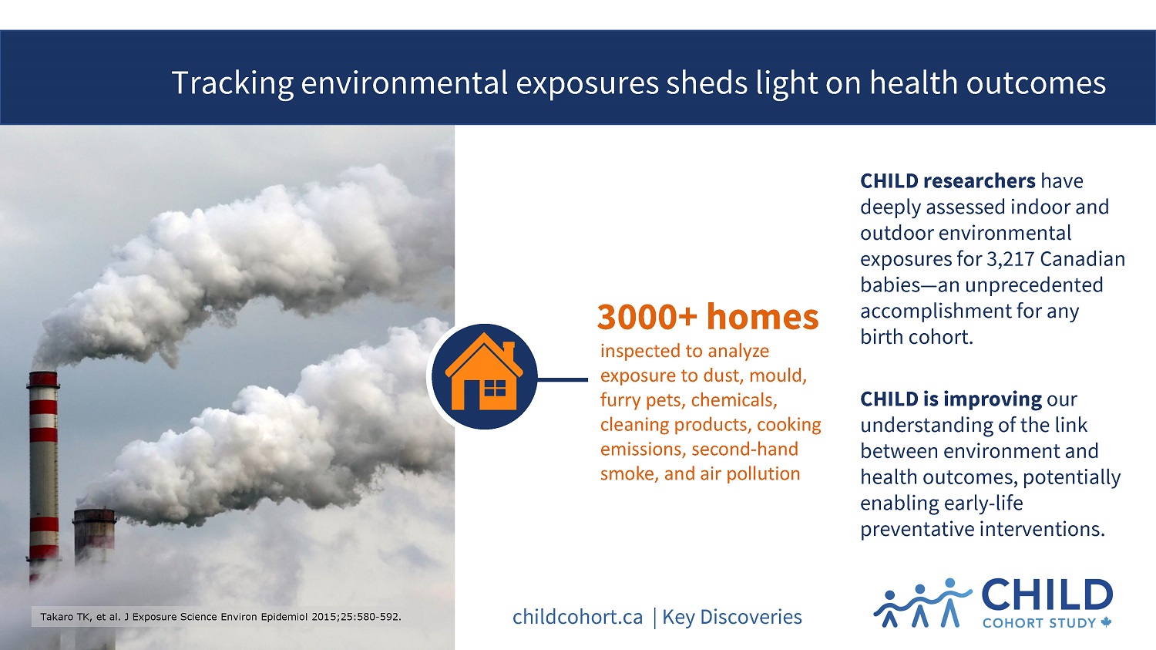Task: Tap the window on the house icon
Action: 495,388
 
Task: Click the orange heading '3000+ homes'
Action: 707,316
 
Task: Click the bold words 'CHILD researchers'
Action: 947,180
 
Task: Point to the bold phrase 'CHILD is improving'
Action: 950,399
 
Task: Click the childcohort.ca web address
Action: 577,617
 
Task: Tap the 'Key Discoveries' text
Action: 732,617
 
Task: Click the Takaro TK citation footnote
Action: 221,616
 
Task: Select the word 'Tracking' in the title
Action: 232,83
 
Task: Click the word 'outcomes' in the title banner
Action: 1036,83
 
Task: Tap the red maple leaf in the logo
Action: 1106,622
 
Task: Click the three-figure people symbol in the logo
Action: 922,603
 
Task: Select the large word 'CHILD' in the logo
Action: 1047,594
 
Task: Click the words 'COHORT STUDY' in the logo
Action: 1039,623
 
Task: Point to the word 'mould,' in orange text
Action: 778,376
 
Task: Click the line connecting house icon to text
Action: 563,379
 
